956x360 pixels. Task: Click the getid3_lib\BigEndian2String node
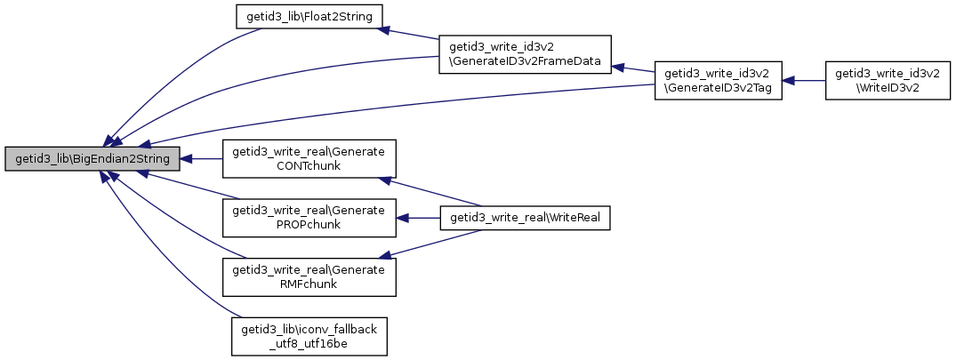pos(92,159)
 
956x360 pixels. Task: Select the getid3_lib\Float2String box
pos(309,17)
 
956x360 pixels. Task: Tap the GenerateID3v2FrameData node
pos(525,55)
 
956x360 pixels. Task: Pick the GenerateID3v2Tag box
pos(719,80)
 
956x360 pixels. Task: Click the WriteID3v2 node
pos(888,80)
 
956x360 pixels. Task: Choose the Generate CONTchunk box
pos(309,159)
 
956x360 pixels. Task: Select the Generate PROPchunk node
pos(309,218)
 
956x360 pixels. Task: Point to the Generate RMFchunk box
pos(309,277)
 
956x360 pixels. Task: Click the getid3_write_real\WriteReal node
pos(525,218)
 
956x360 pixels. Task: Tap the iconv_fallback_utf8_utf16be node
pos(309,336)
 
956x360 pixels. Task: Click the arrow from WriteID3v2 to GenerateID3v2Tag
pos(804,80)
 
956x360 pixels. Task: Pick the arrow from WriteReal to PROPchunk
pos(418,218)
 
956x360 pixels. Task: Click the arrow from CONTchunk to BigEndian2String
pos(201,159)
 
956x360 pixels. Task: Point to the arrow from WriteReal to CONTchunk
pos(430,193)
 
